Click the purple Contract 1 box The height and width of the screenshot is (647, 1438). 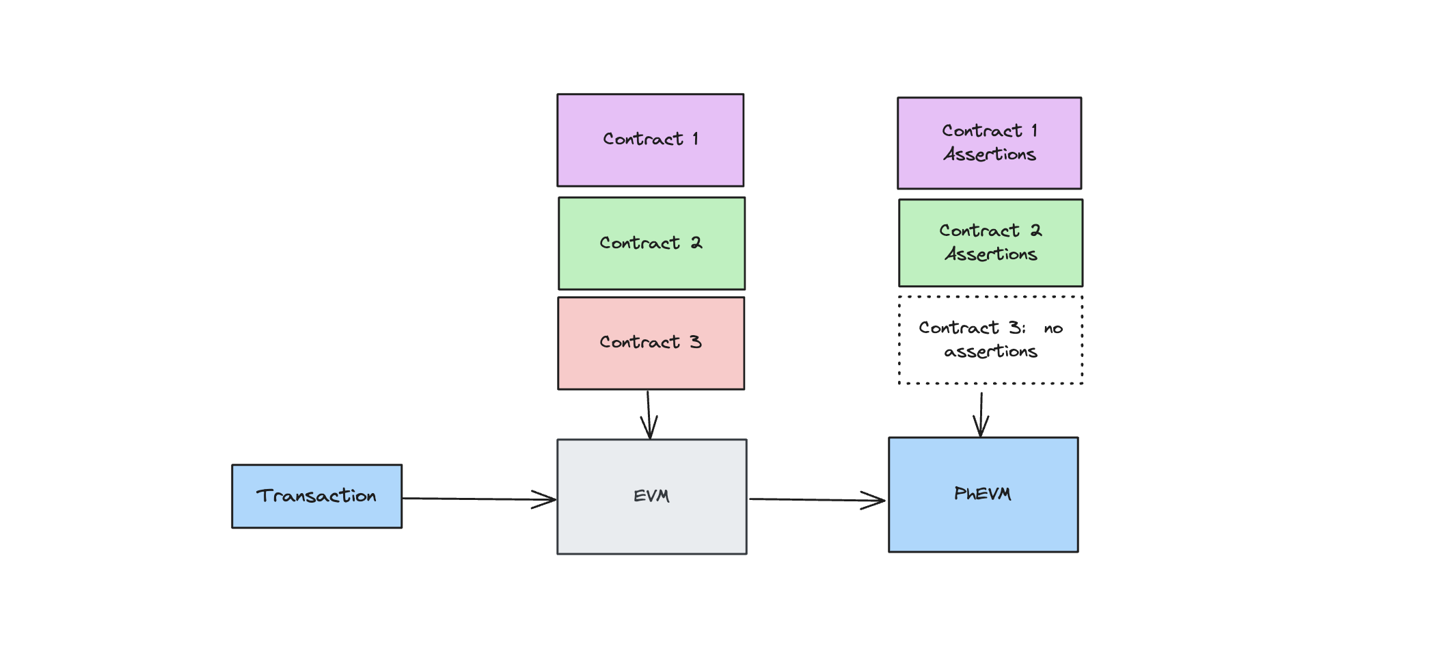pyautogui.click(x=650, y=164)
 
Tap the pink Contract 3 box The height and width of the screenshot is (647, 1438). pyautogui.click(x=651, y=366)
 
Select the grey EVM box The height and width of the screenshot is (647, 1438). pyautogui.click(x=651, y=527)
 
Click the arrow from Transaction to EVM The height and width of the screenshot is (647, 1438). pyautogui.click(x=478, y=499)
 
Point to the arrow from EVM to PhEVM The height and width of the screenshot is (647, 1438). pyautogui.click(x=817, y=499)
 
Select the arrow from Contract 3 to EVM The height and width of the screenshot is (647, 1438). pyautogui.click(x=649, y=414)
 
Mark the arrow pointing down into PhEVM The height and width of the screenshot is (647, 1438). pyautogui.click(x=981, y=414)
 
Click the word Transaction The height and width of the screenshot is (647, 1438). pyautogui.click(x=316, y=495)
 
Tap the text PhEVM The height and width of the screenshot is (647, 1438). pyautogui.click(x=982, y=493)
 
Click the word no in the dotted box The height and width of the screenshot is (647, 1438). pyautogui.click(x=1053, y=329)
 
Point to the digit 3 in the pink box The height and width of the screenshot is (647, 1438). pyautogui.click(x=695, y=341)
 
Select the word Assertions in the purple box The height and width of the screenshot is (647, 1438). pyautogui.click(x=990, y=155)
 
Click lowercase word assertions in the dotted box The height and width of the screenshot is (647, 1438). pyautogui.click(x=990, y=352)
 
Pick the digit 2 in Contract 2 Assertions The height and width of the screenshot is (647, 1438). pyautogui.click(x=1036, y=230)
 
